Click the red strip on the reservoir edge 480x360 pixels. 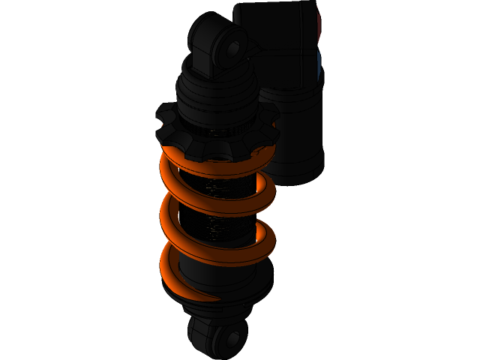(318, 26)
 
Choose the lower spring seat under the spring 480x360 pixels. (225, 296)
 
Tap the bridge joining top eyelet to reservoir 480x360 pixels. (251, 56)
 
